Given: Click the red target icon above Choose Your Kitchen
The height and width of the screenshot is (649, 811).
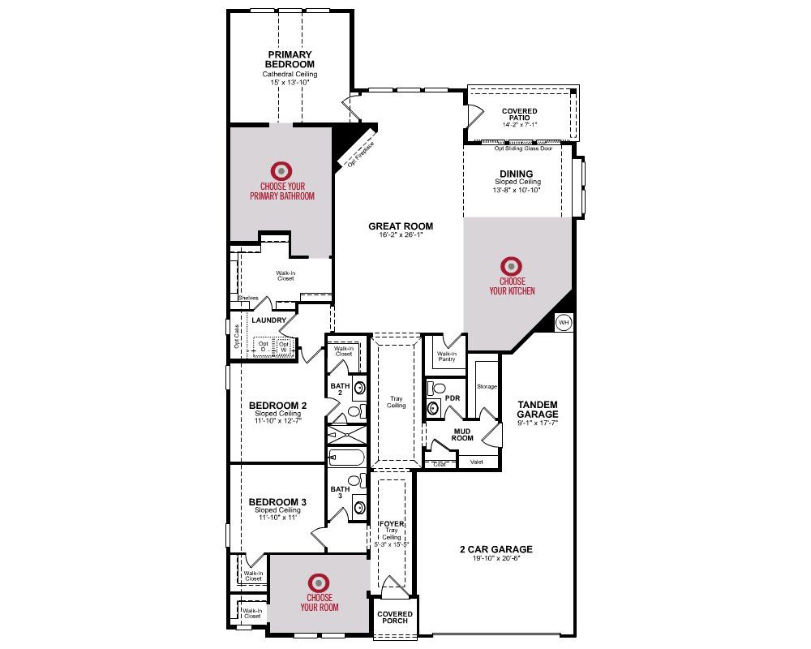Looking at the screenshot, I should click(x=511, y=265).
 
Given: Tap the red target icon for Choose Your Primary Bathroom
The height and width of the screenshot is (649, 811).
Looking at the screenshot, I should click(x=281, y=170).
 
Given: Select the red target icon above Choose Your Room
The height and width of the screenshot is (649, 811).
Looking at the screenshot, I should click(x=319, y=582).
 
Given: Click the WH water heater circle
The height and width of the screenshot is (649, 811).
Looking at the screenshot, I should click(x=564, y=323).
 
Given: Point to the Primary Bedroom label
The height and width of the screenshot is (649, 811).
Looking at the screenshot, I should click(x=290, y=59).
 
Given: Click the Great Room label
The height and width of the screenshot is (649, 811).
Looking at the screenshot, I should click(x=401, y=226).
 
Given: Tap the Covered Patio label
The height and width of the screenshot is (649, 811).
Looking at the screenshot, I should click(x=519, y=115).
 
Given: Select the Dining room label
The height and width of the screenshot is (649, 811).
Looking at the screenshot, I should click(x=517, y=174).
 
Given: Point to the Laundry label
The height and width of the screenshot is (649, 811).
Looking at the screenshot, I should click(x=269, y=320).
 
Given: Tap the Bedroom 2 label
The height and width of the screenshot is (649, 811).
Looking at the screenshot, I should click(x=277, y=406).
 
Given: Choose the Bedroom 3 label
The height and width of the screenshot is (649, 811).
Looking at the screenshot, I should click(x=277, y=502).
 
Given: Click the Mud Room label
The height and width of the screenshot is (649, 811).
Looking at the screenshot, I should click(x=462, y=433).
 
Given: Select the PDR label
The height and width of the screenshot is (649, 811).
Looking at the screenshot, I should click(x=453, y=398).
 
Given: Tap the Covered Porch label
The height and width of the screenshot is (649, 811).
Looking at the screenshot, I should click(x=395, y=617).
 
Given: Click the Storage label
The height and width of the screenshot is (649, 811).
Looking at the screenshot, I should click(x=487, y=386).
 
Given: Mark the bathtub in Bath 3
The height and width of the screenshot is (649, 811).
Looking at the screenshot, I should click(x=346, y=458).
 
